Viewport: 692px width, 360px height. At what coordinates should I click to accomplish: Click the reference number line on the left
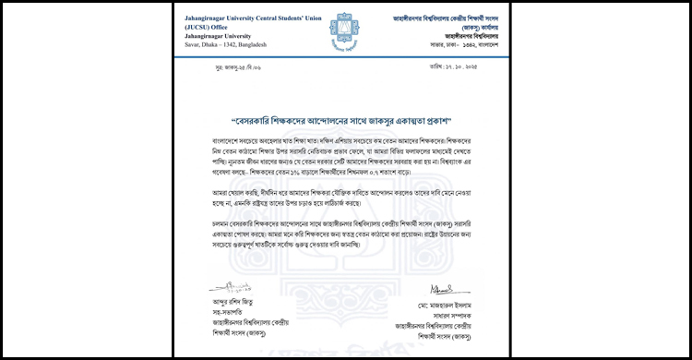point(234,93)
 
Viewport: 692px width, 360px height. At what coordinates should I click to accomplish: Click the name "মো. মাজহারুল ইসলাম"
point(446,304)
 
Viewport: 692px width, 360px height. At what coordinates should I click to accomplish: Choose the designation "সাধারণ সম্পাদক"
point(446,314)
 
